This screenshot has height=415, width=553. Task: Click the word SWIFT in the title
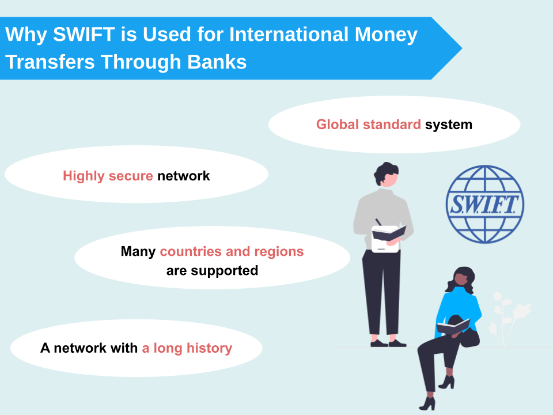pos(84,34)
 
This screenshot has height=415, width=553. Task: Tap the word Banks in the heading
pos(217,62)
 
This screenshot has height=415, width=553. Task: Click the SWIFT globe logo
pos(485,204)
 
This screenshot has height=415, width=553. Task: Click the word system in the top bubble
pos(449,125)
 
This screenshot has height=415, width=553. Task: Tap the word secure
pos(131,176)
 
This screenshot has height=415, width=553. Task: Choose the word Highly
pos(84,176)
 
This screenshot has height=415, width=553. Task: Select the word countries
pos(191,251)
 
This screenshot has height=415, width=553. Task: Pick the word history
pos(209,348)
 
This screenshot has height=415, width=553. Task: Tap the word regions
pos(279,252)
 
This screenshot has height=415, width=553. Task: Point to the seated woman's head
pos(461,278)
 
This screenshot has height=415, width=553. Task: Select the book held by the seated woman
pos(453,326)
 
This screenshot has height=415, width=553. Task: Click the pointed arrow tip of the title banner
pos(461,48)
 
